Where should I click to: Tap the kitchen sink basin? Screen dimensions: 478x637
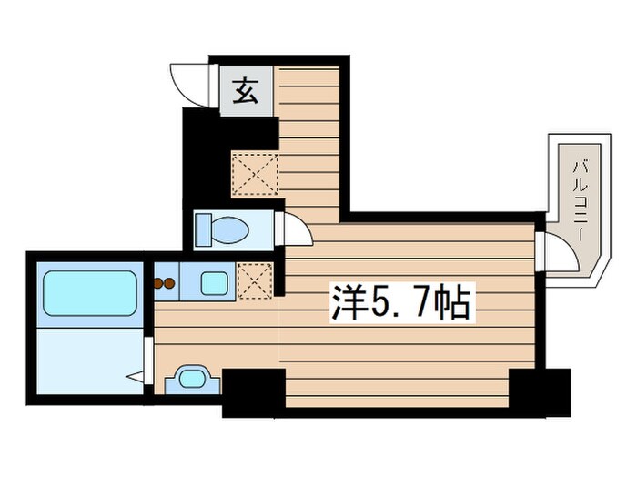(215, 282)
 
